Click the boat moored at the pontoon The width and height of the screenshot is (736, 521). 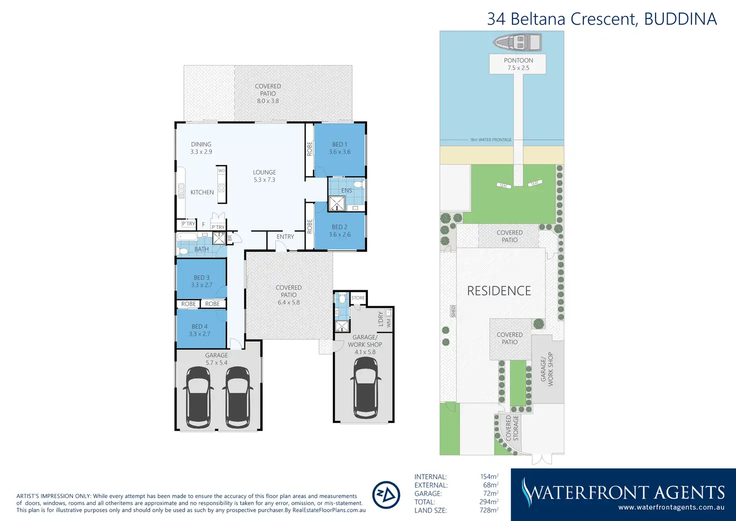click(x=517, y=42)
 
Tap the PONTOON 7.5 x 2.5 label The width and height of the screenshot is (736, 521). click(x=518, y=64)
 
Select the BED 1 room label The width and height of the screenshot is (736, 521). click(x=339, y=148)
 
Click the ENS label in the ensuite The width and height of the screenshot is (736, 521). click(x=346, y=191)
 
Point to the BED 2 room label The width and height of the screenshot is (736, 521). click(x=339, y=231)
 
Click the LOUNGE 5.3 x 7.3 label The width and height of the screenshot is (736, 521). click(x=264, y=176)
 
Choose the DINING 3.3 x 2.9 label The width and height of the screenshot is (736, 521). click(x=201, y=148)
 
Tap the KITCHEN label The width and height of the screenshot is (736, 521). click(x=202, y=192)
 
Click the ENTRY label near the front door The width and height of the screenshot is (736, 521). click(x=285, y=237)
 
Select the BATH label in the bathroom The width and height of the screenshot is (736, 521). click(x=201, y=249)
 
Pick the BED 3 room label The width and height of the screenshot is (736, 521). click(x=201, y=281)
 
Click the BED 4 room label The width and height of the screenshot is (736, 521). click(x=199, y=330)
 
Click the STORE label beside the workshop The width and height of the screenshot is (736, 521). click(x=358, y=298)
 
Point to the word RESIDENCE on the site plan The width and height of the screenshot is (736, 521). click(x=499, y=291)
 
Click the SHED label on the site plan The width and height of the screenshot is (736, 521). click(x=453, y=311)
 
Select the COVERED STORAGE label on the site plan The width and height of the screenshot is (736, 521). click(x=512, y=428)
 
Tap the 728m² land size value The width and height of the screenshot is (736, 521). click(x=489, y=510)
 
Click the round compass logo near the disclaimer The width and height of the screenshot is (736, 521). click(x=386, y=495)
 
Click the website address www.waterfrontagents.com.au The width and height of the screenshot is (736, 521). click(x=671, y=507)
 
